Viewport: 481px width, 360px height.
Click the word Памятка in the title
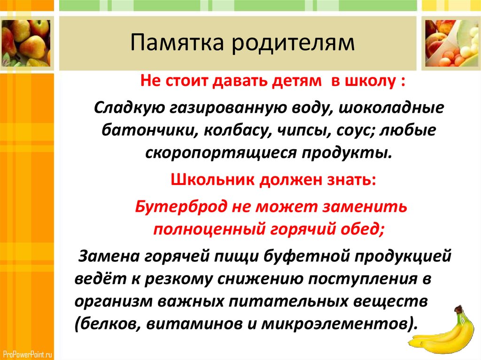[x=177, y=42]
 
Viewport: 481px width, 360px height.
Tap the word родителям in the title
[x=293, y=43]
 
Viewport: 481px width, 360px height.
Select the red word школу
[x=370, y=81]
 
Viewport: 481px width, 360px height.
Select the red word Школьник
[x=213, y=180]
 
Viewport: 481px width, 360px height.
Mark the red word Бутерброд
[x=181, y=207]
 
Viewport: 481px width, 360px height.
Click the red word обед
[x=362, y=229]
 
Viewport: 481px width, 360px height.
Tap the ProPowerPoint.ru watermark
[x=28, y=354]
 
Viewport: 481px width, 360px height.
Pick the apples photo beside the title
[x=26, y=43]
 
